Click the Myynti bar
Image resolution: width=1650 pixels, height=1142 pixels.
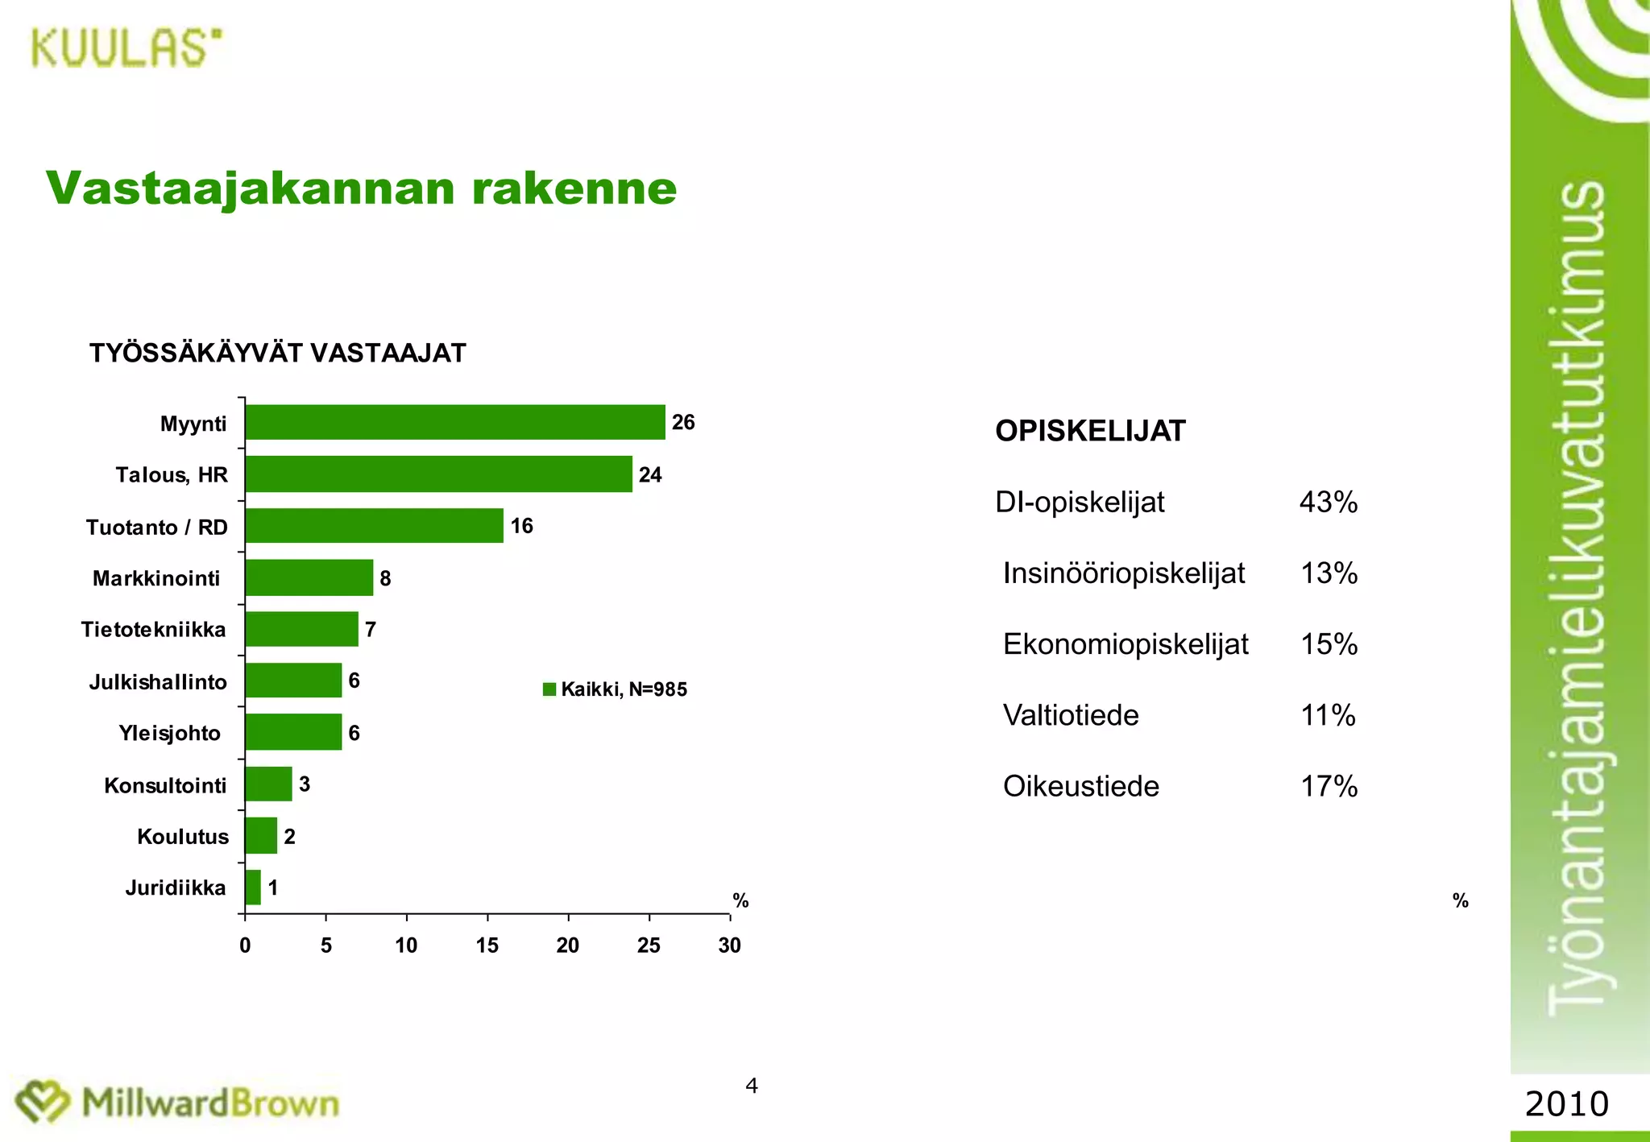[x=455, y=422]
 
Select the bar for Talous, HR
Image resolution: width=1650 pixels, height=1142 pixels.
[x=438, y=474]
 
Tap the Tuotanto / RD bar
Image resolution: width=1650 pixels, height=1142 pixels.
[x=374, y=526]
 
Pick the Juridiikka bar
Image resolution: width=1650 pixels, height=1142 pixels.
[x=253, y=888]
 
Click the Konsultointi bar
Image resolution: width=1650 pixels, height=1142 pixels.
[x=268, y=784]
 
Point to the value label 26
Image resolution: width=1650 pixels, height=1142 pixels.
[x=683, y=422]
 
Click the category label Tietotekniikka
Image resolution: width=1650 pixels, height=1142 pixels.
[x=154, y=630]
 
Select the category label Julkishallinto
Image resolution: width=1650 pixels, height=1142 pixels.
[x=158, y=682]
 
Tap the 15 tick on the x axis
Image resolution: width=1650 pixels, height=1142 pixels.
[x=487, y=945]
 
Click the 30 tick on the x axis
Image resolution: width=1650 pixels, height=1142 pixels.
[x=730, y=945]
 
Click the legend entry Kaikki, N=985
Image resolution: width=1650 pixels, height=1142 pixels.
[x=616, y=689]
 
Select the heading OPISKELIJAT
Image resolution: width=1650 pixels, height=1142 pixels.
[x=1090, y=431]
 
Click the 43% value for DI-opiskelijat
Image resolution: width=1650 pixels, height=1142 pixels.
[x=1329, y=503]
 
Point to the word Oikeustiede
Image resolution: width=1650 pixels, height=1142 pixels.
[x=1081, y=786]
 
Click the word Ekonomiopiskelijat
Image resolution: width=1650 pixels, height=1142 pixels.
[x=1126, y=644]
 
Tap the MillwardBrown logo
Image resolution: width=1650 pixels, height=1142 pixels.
[x=178, y=1103]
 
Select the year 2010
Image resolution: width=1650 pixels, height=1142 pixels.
[x=1567, y=1103]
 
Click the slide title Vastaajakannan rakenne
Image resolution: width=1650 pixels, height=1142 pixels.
[x=362, y=188]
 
